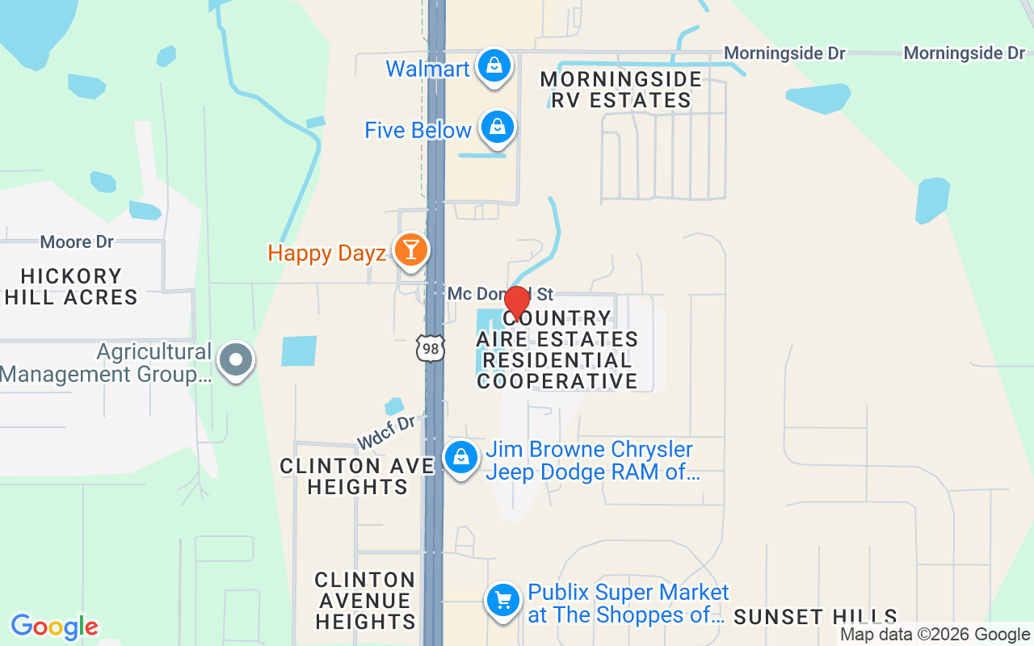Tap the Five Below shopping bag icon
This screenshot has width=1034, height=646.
pos(498,128)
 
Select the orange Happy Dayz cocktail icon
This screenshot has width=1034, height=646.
pos(410,250)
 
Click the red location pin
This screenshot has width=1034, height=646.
pos(516,302)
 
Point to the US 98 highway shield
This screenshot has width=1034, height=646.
pos(430,348)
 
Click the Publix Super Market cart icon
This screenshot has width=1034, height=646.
pos(503,601)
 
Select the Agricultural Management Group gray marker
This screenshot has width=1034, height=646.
pos(237,361)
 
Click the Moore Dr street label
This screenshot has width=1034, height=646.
pos(77,241)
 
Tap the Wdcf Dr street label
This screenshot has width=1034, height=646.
pos(386,433)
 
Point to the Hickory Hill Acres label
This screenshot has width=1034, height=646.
pos(71,287)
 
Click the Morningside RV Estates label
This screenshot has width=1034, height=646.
pos(620,90)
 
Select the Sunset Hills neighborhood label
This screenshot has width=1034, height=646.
pos(815,618)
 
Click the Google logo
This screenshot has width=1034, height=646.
pos(54,627)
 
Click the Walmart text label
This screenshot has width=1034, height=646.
pos(427,69)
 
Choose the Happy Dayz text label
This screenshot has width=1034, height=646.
pos(326,254)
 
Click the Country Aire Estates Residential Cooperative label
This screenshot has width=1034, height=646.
pos(557,350)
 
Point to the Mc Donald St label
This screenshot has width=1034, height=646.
pos(500,294)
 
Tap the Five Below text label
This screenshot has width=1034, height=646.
pos(418,130)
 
